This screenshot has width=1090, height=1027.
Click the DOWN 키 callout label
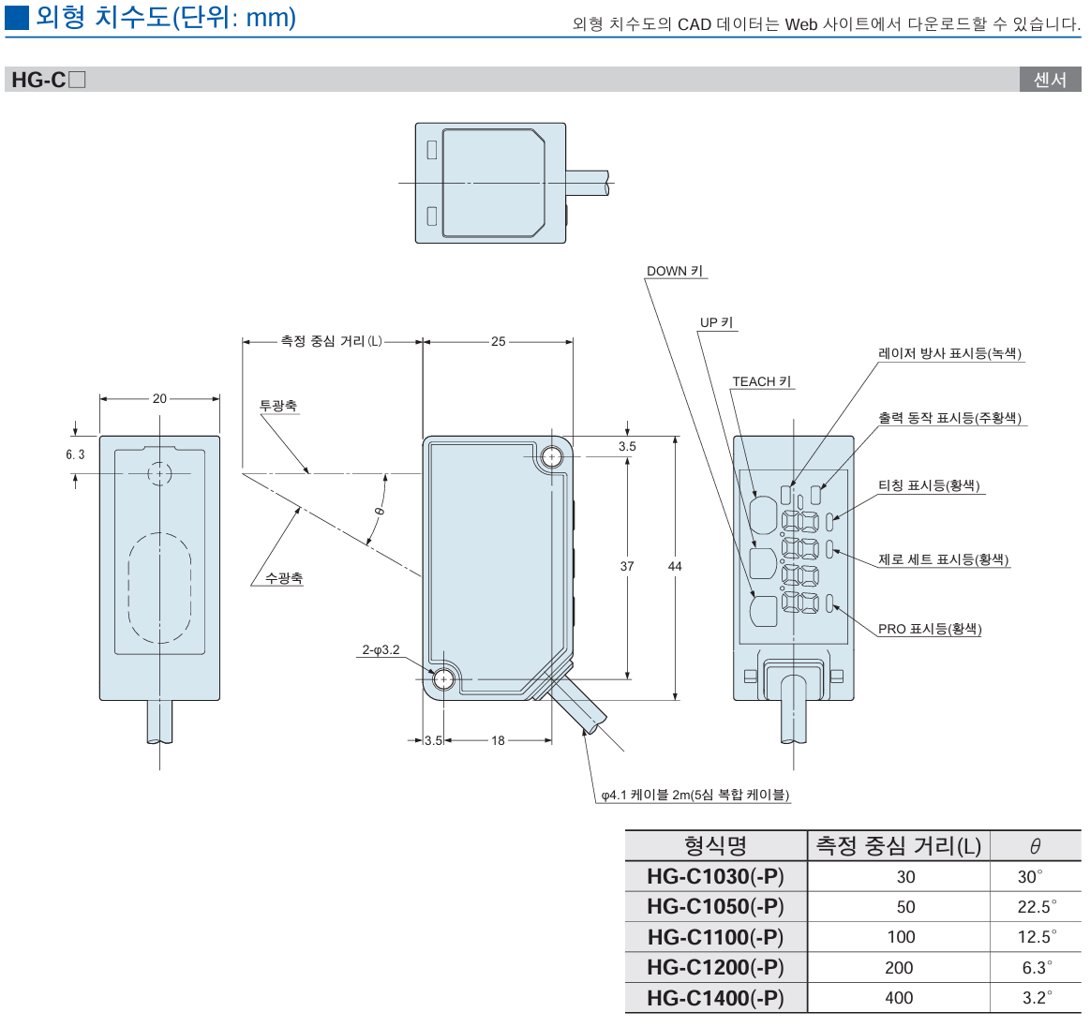coord(674,271)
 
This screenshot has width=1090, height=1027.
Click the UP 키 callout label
coord(717,322)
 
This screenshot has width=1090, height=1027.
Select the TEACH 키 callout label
coord(761,381)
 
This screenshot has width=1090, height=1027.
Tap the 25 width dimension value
coord(498,342)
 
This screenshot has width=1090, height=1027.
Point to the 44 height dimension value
coord(675,566)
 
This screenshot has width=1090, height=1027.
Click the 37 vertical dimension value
coord(627,566)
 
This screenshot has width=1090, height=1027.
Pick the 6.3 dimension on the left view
coord(75,454)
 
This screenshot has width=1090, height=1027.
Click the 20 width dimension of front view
coord(159,398)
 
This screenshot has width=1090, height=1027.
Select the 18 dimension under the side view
coord(498,740)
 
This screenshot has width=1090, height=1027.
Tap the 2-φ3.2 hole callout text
coord(381,649)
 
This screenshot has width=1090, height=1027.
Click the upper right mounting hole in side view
coord(551,456)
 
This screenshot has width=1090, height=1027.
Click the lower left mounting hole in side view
coord(443,677)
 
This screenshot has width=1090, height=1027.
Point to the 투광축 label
coord(278,406)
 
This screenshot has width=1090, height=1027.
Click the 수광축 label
coord(283,578)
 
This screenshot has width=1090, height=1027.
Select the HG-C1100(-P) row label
coord(715,937)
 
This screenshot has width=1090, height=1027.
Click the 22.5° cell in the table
coord(1036,907)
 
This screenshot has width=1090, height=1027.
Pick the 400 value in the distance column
coord(899,998)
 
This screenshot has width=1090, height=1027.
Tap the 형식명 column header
coord(715,846)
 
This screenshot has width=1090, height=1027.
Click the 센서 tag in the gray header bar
coord(1050,80)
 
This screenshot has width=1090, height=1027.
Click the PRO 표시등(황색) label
coord(929,629)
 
